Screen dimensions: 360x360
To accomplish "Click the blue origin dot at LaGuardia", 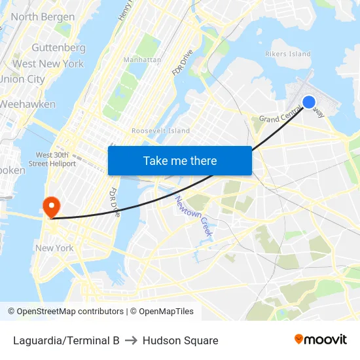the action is [x=308, y=101].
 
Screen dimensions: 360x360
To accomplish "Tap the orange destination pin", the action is [x=51, y=206].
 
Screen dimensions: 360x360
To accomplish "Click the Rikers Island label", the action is [x=287, y=54].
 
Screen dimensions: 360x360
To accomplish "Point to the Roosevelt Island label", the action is [x=160, y=131].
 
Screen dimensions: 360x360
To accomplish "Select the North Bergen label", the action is [x=43, y=17].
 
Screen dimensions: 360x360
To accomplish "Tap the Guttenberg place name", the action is [x=58, y=48].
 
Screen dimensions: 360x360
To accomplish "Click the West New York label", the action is [x=48, y=63].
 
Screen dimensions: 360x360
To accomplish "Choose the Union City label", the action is [x=22, y=79].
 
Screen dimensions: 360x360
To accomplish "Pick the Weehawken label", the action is [x=28, y=104].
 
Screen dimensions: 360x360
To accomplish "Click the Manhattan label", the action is [x=142, y=60].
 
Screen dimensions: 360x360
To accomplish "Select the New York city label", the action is [x=54, y=248].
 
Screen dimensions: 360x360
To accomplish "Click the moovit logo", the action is [x=320, y=339].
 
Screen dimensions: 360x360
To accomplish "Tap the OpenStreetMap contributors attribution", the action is [x=65, y=312].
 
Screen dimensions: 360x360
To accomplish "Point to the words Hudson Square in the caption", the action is [x=180, y=340].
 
